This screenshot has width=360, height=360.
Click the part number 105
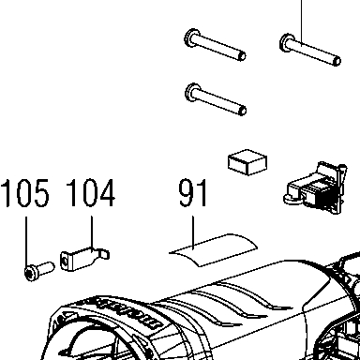tap(25, 193)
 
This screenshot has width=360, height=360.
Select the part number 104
tap(91, 193)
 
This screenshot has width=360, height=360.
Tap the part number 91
tap(193, 193)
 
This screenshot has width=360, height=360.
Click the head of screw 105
tap(31, 273)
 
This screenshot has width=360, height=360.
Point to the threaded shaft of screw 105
tap(46, 268)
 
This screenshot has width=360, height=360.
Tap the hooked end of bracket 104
tap(104, 253)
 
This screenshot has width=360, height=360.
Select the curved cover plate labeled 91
tap(214, 250)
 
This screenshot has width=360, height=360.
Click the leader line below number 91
tap(193, 232)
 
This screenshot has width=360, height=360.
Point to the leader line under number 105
tap(26, 241)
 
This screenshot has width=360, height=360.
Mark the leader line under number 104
tap(92, 233)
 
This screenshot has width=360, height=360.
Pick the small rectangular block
tap(247, 162)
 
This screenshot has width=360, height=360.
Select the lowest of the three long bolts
tap(216, 99)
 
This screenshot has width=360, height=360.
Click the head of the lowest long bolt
tap(192, 92)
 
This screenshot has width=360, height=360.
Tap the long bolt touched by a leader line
tap(310, 50)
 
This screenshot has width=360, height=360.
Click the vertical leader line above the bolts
tap(302, 22)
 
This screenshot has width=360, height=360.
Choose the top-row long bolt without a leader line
tap(215, 45)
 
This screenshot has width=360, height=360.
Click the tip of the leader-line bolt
tap(337, 61)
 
